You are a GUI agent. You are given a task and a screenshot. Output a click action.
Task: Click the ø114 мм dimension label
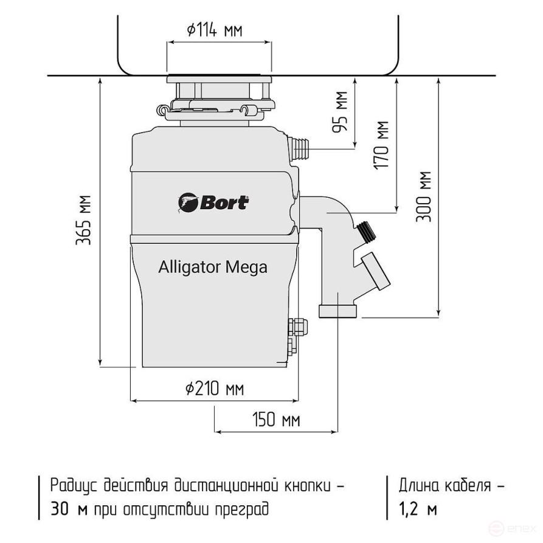click(214, 30)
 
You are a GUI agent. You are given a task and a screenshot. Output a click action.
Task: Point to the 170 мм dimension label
click(382, 145)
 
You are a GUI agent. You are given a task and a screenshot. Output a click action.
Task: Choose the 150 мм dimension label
click(275, 420)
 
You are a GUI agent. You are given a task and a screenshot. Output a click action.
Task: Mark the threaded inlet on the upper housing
click(300, 147)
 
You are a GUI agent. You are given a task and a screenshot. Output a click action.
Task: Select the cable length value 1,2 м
click(418, 509)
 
